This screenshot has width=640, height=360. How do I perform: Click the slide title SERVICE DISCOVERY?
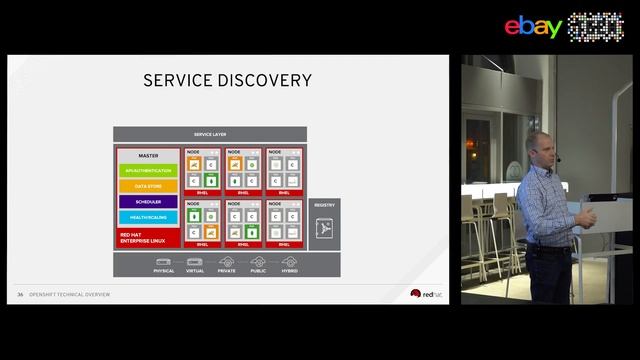coord(228,81)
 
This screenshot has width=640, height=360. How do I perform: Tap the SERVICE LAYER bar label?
coord(210,134)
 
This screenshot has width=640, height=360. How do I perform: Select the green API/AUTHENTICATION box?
coord(148,171)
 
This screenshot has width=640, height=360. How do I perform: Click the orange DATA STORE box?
coord(148,186)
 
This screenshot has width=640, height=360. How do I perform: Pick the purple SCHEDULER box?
coord(148,202)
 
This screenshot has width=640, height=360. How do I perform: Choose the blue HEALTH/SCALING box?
coord(148,217)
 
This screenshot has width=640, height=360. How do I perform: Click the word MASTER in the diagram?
coord(148,156)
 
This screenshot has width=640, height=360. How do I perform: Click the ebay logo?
coord(533,27)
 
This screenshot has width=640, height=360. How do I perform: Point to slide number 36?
coord(20,294)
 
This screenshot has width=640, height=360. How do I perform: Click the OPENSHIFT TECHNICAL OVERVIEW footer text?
coord(70,294)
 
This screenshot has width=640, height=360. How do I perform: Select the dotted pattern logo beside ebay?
coord(596,27)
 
